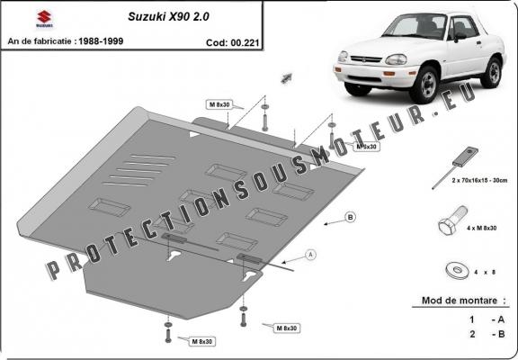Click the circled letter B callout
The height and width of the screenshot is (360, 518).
pyautogui.click(x=350, y=217)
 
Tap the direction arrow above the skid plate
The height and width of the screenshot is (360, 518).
pyautogui.click(x=289, y=76)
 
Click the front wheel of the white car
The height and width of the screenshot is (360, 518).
pyautogui.click(x=429, y=85)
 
